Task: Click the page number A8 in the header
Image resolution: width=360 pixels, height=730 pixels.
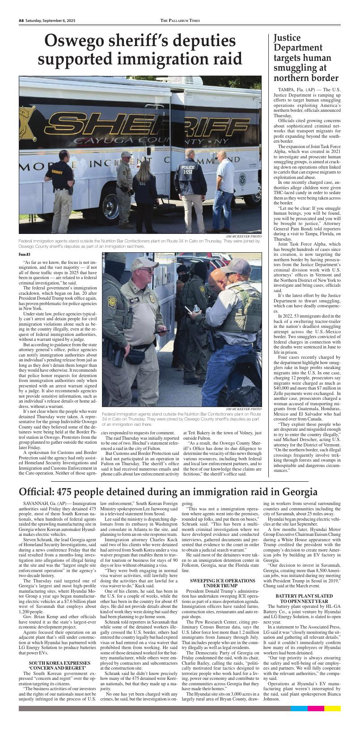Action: pyautogui.click(x=21, y=21)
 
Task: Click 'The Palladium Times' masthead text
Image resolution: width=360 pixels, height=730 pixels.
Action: pyautogui.click(x=180, y=21)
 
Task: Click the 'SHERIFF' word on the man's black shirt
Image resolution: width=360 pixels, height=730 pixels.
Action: pyautogui.click(x=57, y=172)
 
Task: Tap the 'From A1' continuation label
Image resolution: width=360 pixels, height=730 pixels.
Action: pyautogui.click(x=25, y=255)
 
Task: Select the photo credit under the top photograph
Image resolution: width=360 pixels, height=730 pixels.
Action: pyautogui.click(x=243, y=236)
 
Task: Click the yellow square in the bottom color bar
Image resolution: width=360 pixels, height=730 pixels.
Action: pyautogui.click(x=332, y=709)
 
